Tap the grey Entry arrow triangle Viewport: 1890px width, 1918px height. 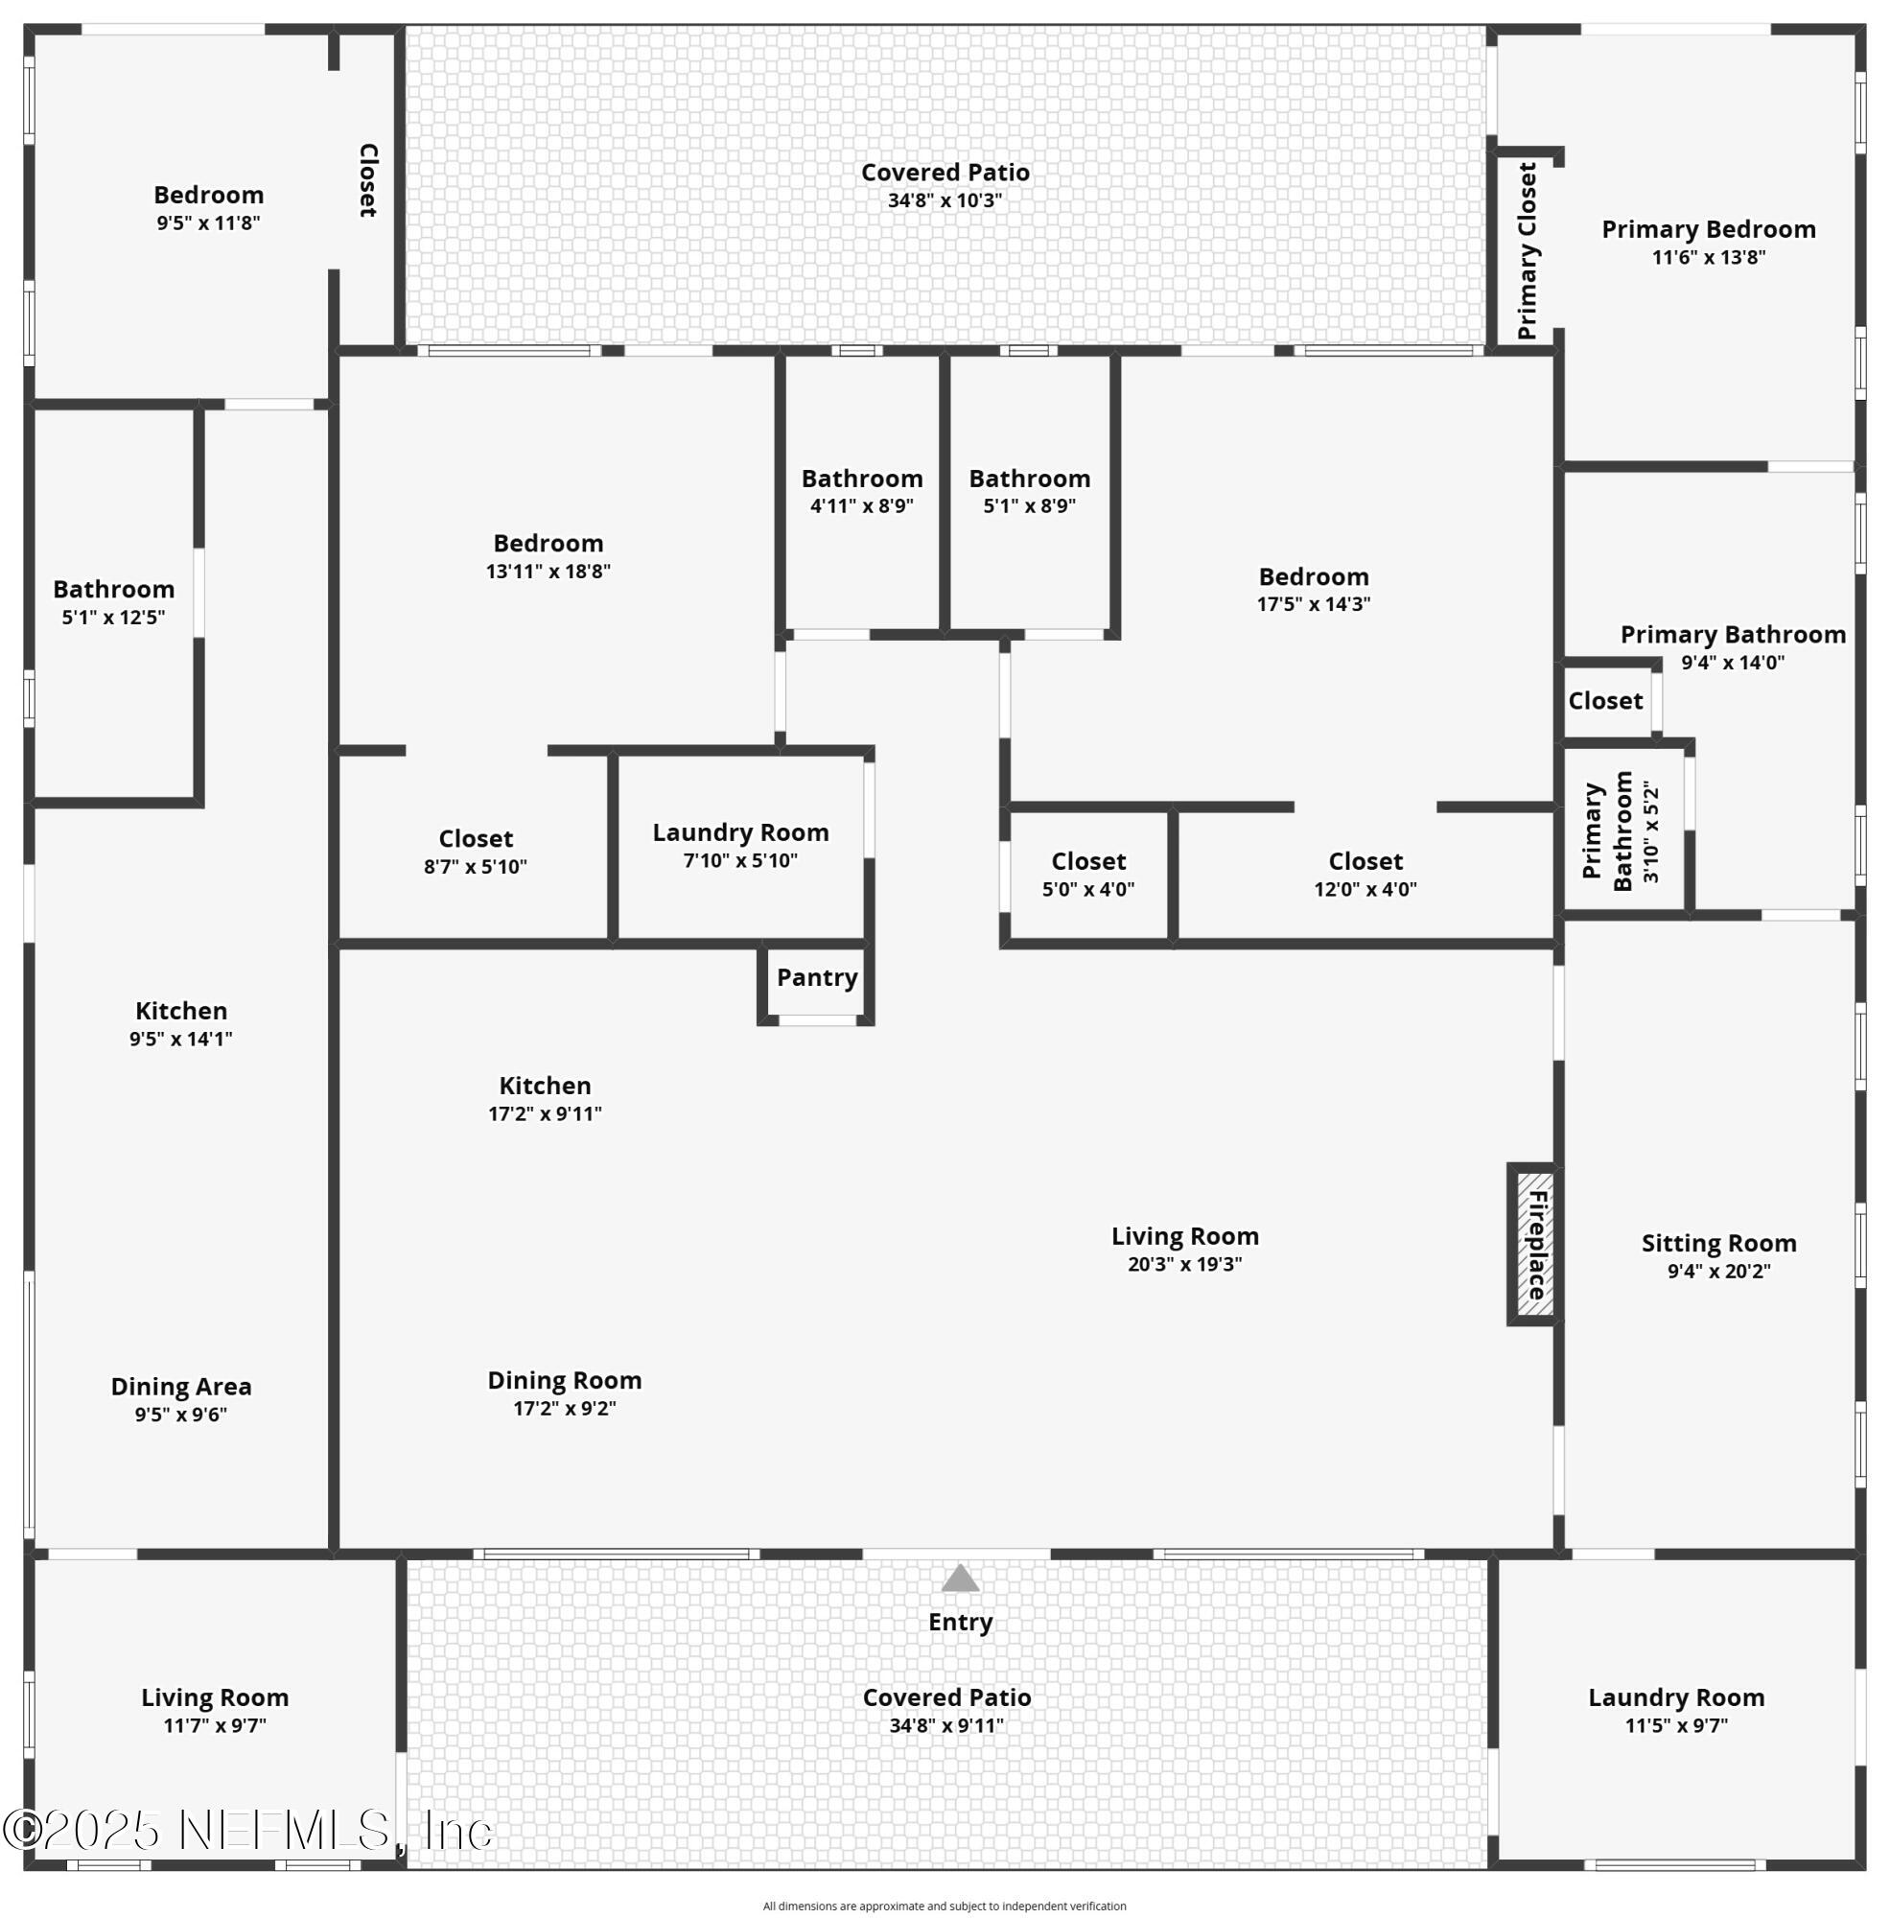(x=960, y=1579)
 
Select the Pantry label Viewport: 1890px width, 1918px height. (x=817, y=978)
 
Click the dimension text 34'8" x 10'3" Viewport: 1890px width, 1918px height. (x=945, y=200)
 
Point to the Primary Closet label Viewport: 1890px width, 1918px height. (x=1527, y=251)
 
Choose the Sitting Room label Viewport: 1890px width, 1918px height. (x=1718, y=1243)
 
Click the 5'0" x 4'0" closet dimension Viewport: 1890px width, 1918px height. (x=1088, y=890)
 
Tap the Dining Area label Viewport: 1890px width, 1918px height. (x=180, y=1387)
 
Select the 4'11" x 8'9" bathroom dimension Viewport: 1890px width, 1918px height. (x=862, y=506)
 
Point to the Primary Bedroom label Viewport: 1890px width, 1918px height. (x=1709, y=229)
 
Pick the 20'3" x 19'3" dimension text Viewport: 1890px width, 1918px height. (x=1184, y=1265)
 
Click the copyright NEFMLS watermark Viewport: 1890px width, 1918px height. (x=248, y=1831)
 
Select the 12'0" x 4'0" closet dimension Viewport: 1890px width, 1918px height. (x=1365, y=890)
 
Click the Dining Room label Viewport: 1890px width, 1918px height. (x=564, y=1381)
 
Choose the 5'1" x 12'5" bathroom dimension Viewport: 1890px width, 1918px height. (x=113, y=618)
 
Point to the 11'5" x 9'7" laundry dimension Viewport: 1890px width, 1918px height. (x=1675, y=1725)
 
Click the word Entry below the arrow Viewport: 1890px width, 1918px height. (x=960, y=1623)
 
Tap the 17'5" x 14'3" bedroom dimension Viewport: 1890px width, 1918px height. (x=1314, y=604)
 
